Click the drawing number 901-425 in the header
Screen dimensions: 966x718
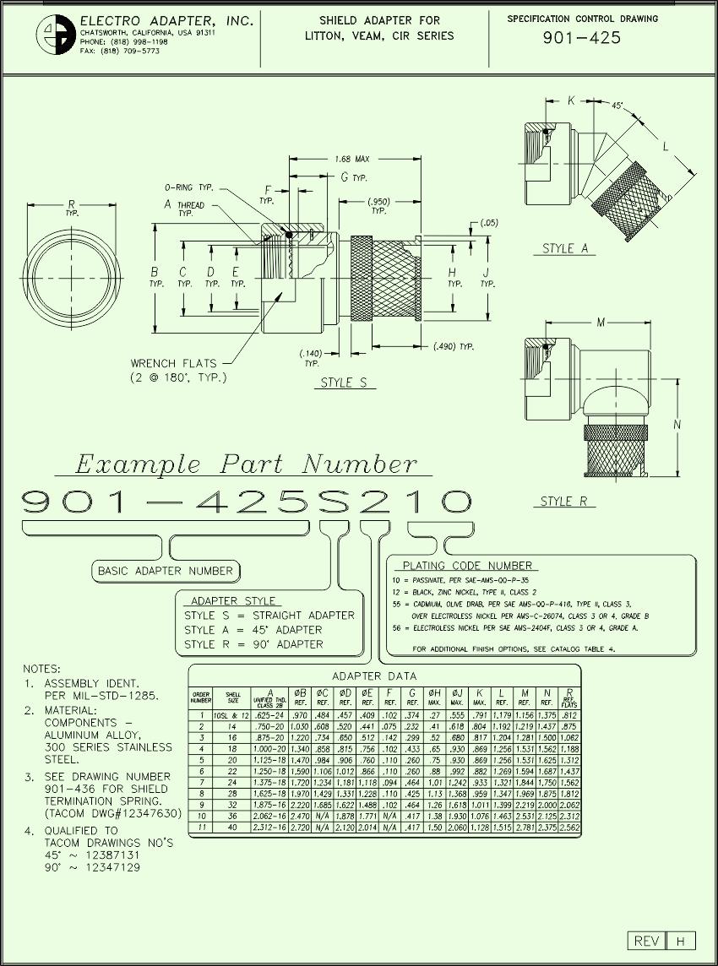click(581, 38)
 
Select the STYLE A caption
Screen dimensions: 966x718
click(565, 248)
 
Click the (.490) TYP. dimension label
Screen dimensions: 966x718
click(453, 346)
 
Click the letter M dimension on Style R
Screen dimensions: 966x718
click(601, 322)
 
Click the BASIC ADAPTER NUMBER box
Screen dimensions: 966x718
click(166, 571)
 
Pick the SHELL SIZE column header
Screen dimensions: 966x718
click(232, 697)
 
